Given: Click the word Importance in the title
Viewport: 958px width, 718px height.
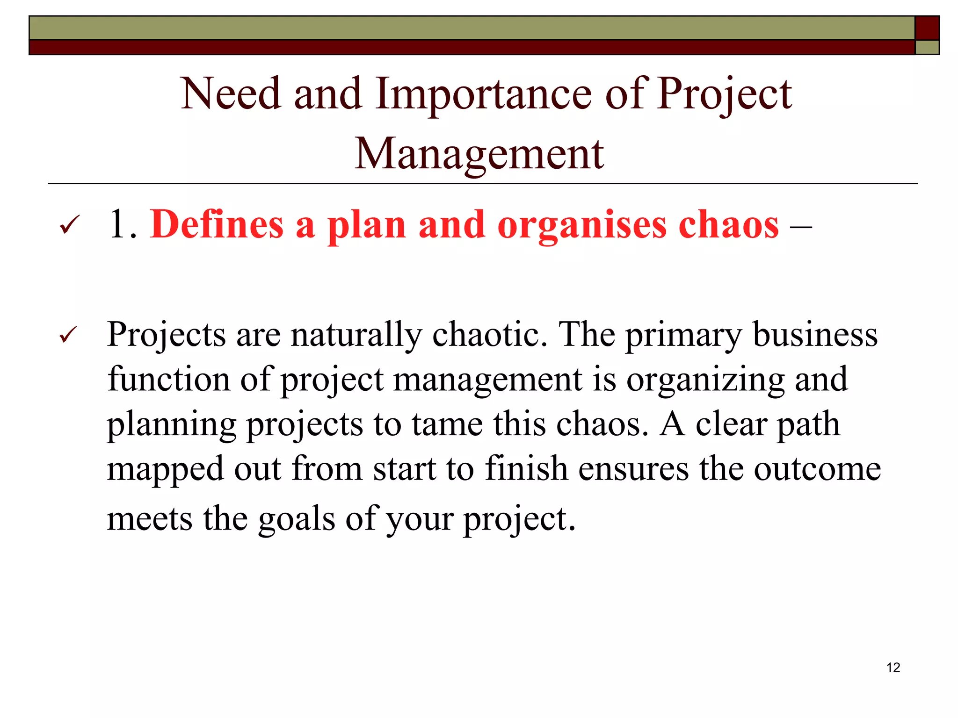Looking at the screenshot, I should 484,95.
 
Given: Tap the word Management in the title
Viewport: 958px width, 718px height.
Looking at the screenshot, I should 479,154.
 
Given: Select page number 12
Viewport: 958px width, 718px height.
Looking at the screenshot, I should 893,668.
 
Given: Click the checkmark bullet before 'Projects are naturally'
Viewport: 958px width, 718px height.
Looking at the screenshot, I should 69,335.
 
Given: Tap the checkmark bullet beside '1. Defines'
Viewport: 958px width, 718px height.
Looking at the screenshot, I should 70,225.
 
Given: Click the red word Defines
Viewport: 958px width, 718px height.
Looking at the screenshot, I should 217,225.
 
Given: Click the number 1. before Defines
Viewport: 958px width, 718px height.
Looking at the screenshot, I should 123,225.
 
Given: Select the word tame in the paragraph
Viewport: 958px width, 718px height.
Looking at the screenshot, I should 447,424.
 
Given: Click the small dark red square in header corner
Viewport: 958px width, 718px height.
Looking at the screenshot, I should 927,28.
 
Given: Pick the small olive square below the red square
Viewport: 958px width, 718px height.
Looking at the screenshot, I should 927,47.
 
